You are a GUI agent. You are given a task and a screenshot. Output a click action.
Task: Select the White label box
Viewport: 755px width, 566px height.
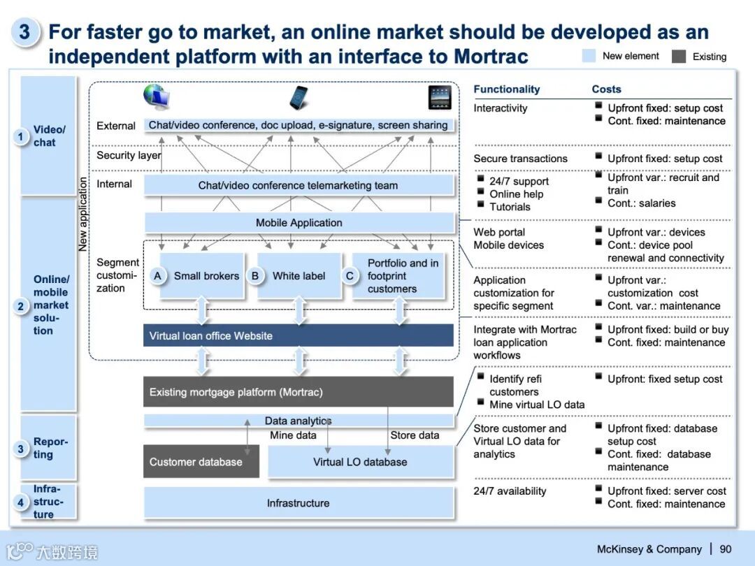(x=299, y=276)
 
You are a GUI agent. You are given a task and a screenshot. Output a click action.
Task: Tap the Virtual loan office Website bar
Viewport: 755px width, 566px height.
(x=299, y=335)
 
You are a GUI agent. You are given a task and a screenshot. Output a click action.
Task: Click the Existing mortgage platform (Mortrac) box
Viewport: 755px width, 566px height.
(x=299, y=392)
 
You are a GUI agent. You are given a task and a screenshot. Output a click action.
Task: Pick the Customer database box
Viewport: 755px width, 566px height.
(x=201, y=462)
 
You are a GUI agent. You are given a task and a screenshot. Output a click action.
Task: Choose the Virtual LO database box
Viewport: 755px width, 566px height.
(x=360, y=462)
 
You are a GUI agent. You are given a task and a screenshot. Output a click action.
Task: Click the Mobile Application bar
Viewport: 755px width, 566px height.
(x=299, y=223)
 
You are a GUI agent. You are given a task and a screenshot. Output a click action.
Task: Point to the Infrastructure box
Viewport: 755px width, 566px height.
(x=299, y=503)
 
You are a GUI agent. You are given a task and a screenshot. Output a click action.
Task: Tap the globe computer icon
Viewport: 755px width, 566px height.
(x=157, y=97)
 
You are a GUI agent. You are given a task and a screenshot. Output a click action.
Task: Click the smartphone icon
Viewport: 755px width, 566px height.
(x=300, y=98)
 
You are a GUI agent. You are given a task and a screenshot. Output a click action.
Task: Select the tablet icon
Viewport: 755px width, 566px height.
(x=440, y=98)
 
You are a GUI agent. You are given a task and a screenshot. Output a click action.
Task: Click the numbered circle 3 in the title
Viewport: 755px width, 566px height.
(x=24, y=32)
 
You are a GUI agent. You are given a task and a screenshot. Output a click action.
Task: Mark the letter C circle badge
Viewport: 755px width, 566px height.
(x=350, y=276)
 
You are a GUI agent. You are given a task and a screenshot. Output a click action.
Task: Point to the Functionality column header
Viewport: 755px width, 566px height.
(x=507, y=89)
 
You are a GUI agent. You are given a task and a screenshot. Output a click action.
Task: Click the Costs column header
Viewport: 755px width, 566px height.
(x=606, y=89)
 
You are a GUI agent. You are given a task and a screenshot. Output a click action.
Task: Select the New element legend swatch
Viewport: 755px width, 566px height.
(x=589, y=56)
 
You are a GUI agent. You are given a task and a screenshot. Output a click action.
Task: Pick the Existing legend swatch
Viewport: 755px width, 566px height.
(x=678, y=57)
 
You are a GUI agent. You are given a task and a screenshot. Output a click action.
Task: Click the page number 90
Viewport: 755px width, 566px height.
(x=726, y=549)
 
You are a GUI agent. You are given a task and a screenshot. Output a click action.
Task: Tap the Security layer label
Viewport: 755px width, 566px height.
(x=129, y=155)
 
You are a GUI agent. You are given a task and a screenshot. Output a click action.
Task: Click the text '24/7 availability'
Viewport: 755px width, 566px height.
(x=510, y=491)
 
